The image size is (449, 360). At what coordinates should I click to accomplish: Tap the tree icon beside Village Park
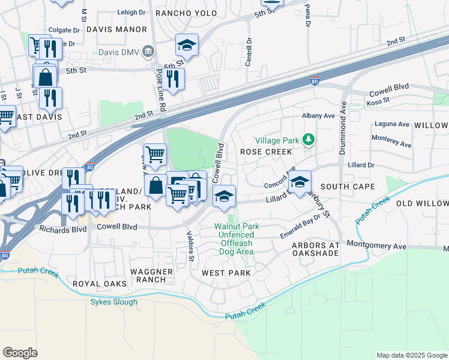pyautogui.click(x=309, y=140)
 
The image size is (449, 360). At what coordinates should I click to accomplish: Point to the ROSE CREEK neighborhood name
pyautogui.click(x=265, y=152)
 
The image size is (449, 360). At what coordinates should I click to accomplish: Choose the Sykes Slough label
pyautogui.click(x=114, y=302)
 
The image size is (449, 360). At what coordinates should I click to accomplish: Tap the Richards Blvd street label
pyautogui.click(x=63, y=229)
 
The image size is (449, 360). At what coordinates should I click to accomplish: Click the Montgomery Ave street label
pyautogui.click(x=377, y=247)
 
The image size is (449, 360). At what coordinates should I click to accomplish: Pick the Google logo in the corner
pyautogui.click(x=20, y=353)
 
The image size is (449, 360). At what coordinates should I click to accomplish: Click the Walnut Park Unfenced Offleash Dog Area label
pyautogui.click(x=234, y=239)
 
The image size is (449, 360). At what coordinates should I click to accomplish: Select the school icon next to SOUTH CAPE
pyautogui.click(x=299, y=182)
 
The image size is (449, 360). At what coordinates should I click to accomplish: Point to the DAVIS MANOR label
pyautogui.click(x=116, y=29)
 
